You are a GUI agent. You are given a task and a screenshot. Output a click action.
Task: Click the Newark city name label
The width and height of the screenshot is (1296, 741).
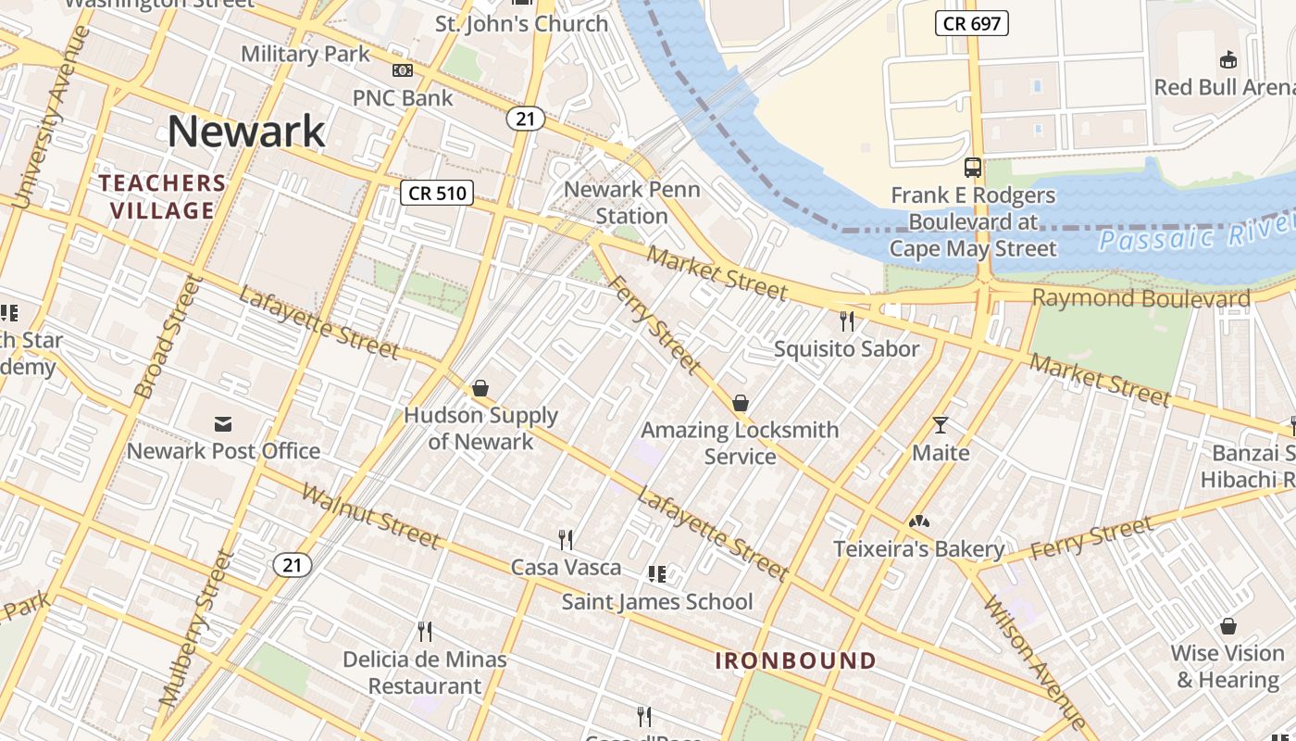point(246,131)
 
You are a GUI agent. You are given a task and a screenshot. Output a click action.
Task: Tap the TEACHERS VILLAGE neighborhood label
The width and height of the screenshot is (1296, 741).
point(163,196)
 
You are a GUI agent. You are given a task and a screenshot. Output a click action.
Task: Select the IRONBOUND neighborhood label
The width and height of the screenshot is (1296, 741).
point(796,660)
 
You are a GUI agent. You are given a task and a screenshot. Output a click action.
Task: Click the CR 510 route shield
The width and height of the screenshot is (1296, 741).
point(437,193)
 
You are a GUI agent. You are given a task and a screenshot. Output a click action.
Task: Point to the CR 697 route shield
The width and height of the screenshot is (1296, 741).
point(971,23)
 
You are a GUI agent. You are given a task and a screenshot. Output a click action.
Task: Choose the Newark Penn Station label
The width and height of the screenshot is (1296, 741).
point(632,202)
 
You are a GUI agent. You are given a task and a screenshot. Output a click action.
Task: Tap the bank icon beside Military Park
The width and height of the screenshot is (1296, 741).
point(402,70)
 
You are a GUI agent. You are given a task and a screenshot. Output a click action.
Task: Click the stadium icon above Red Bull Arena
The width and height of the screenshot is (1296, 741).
point(1228,60)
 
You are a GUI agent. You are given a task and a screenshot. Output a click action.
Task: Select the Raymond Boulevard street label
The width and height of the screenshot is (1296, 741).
point(1140,298)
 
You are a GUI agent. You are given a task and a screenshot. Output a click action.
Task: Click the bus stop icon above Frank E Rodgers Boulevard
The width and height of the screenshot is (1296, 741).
point(973,168)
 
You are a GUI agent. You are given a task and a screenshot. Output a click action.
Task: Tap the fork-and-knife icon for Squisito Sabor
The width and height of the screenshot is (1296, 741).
point(847,321)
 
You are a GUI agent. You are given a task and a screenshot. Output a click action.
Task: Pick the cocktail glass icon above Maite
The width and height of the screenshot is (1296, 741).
point(941,425)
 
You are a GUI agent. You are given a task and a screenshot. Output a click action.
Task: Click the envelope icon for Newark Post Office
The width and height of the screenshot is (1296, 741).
point(223,424)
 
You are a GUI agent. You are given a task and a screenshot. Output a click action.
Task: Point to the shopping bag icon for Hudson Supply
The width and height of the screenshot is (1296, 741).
point(480,388)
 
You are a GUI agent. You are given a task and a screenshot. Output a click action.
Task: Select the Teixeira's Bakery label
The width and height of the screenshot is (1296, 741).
point(918,548)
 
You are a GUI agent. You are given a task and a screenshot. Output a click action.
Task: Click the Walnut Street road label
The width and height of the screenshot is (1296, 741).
point(370,515)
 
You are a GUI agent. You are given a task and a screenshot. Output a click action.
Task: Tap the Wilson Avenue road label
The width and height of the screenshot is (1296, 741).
point(1035,662)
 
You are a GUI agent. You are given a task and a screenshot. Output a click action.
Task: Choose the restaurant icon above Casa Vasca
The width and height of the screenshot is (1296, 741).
point(566,539)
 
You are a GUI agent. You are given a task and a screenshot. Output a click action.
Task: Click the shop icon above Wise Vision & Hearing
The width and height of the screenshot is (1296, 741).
point(1228,626)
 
